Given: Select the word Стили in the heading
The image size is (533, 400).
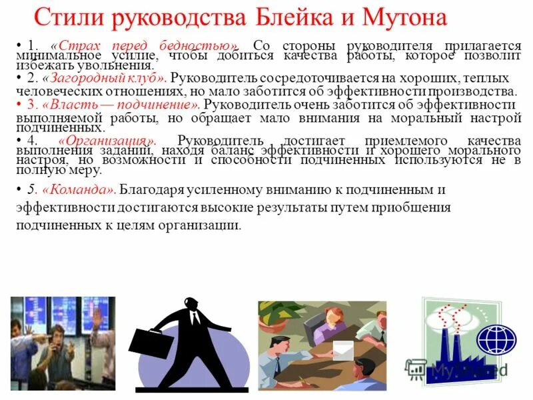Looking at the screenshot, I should point(66,16).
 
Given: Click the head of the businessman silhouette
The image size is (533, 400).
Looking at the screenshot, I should point(192,307).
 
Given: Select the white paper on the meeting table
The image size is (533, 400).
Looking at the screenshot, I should point(343,348).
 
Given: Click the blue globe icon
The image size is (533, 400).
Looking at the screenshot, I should point(496,339).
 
